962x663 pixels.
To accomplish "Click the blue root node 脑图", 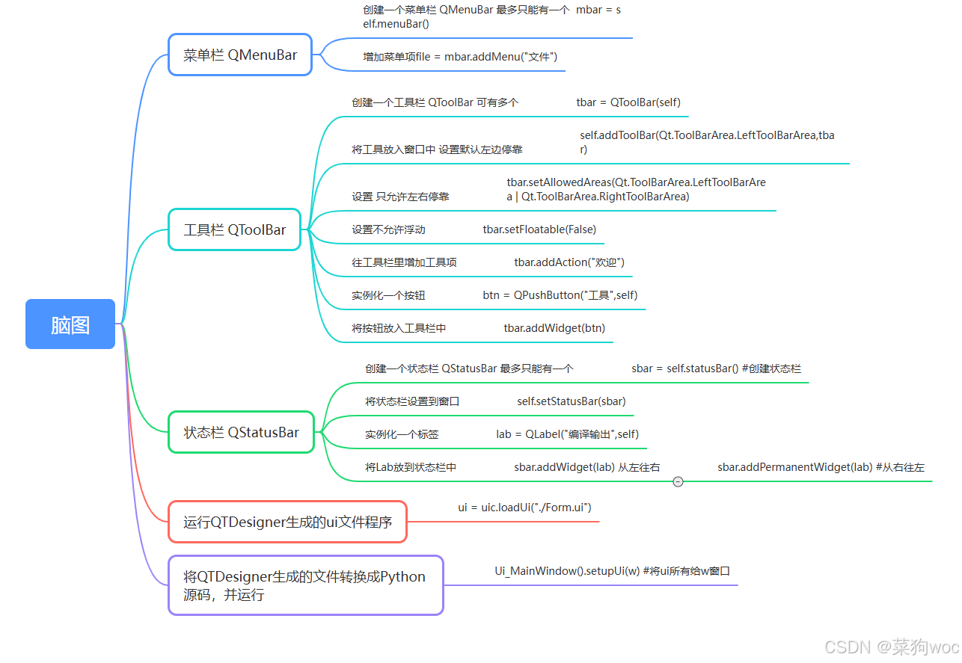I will click(70, 324).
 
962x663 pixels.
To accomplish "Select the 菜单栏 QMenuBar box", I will click(240, 55).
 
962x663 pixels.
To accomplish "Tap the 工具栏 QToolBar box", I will click(235, 229).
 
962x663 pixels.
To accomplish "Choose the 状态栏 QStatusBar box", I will click(241, 432).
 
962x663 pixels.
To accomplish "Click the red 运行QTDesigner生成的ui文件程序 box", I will click(287, 522).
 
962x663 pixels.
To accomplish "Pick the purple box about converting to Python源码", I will click(305, 585).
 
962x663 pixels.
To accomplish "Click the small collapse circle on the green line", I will click(678, 482).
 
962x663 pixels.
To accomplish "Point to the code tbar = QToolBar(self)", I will click(628, 102).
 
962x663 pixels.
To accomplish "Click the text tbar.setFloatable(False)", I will click(539, 229).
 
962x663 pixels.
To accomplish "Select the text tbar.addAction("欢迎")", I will click(569, 262).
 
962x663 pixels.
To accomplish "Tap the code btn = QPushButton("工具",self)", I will click(560, 295).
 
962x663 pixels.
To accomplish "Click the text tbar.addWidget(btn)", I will click(554, 328).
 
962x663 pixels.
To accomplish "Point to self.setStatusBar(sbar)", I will click(572, 401).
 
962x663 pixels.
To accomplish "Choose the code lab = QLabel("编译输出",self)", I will click(567, 434).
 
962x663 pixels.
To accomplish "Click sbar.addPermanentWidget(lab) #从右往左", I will click(821, 467).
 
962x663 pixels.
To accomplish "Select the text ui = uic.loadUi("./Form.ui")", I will click(525, 508).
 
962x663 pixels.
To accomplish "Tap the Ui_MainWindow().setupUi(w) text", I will click(612, 571).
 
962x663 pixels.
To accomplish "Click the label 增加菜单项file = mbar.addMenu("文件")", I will click(460, 57).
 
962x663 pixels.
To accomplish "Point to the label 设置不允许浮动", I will click(388, 229).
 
